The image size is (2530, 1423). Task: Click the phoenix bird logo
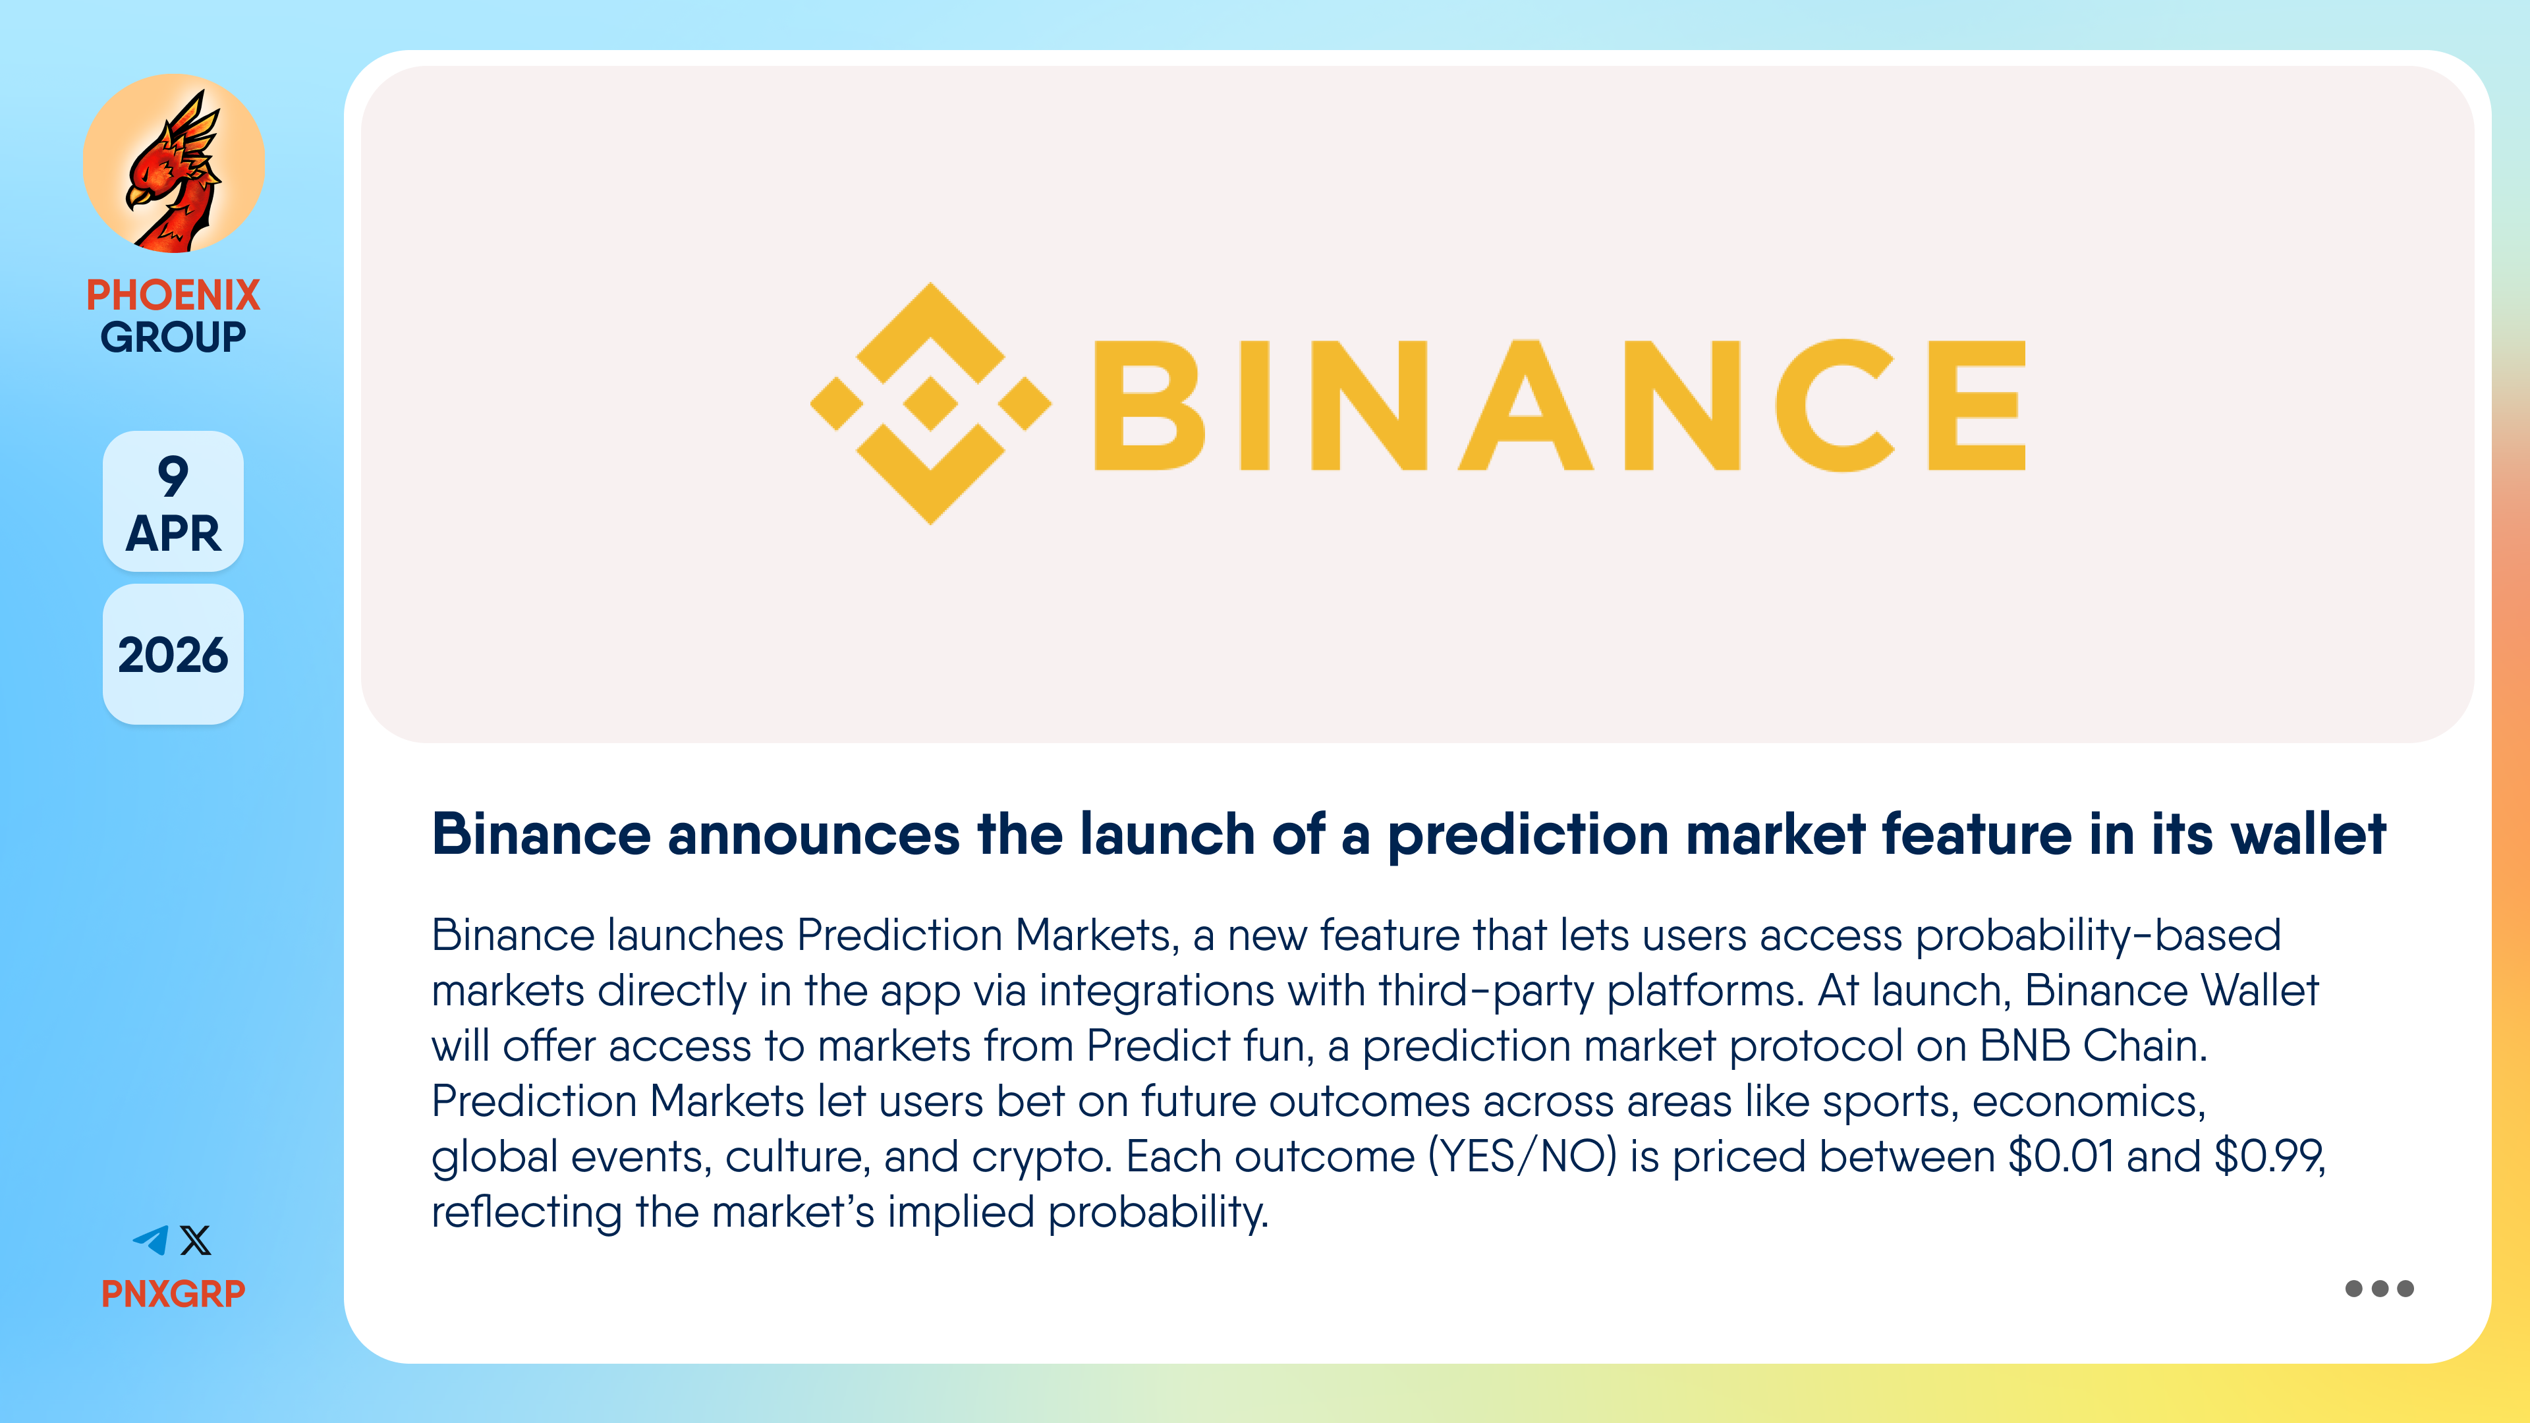(x=174, y=164)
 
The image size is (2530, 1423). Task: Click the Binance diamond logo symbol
(x=930, y=404)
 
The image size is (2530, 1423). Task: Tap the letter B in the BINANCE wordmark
(x=1149, y=405)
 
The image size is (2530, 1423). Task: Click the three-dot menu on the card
(x=2378, y=1289)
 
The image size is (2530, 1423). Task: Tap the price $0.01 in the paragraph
(x=2060, y=1156)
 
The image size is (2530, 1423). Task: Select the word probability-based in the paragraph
(x=2098, y=936)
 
